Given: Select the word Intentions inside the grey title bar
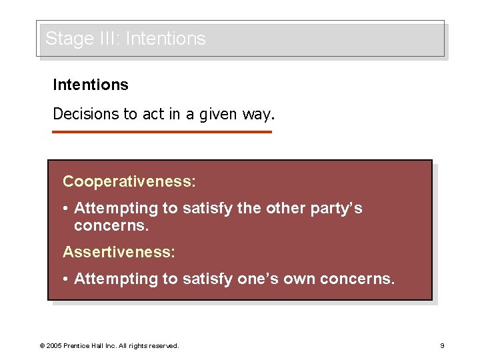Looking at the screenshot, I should pos(165,39).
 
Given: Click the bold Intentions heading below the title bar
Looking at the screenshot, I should pos(91,85).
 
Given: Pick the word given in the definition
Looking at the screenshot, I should pos(218,115).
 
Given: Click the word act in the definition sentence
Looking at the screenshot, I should pos(153,114).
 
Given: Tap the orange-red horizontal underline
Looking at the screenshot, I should pos(162,132).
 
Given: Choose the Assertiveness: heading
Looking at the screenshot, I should pos(119,252).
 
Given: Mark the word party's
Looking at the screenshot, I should pos(337,209).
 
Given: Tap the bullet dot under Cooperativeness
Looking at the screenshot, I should pos(67,209).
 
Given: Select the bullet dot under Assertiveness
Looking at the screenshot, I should pos(67,279).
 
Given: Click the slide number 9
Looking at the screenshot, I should pos(442,346).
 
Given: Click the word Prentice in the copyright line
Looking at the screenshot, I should pos(79,346).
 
